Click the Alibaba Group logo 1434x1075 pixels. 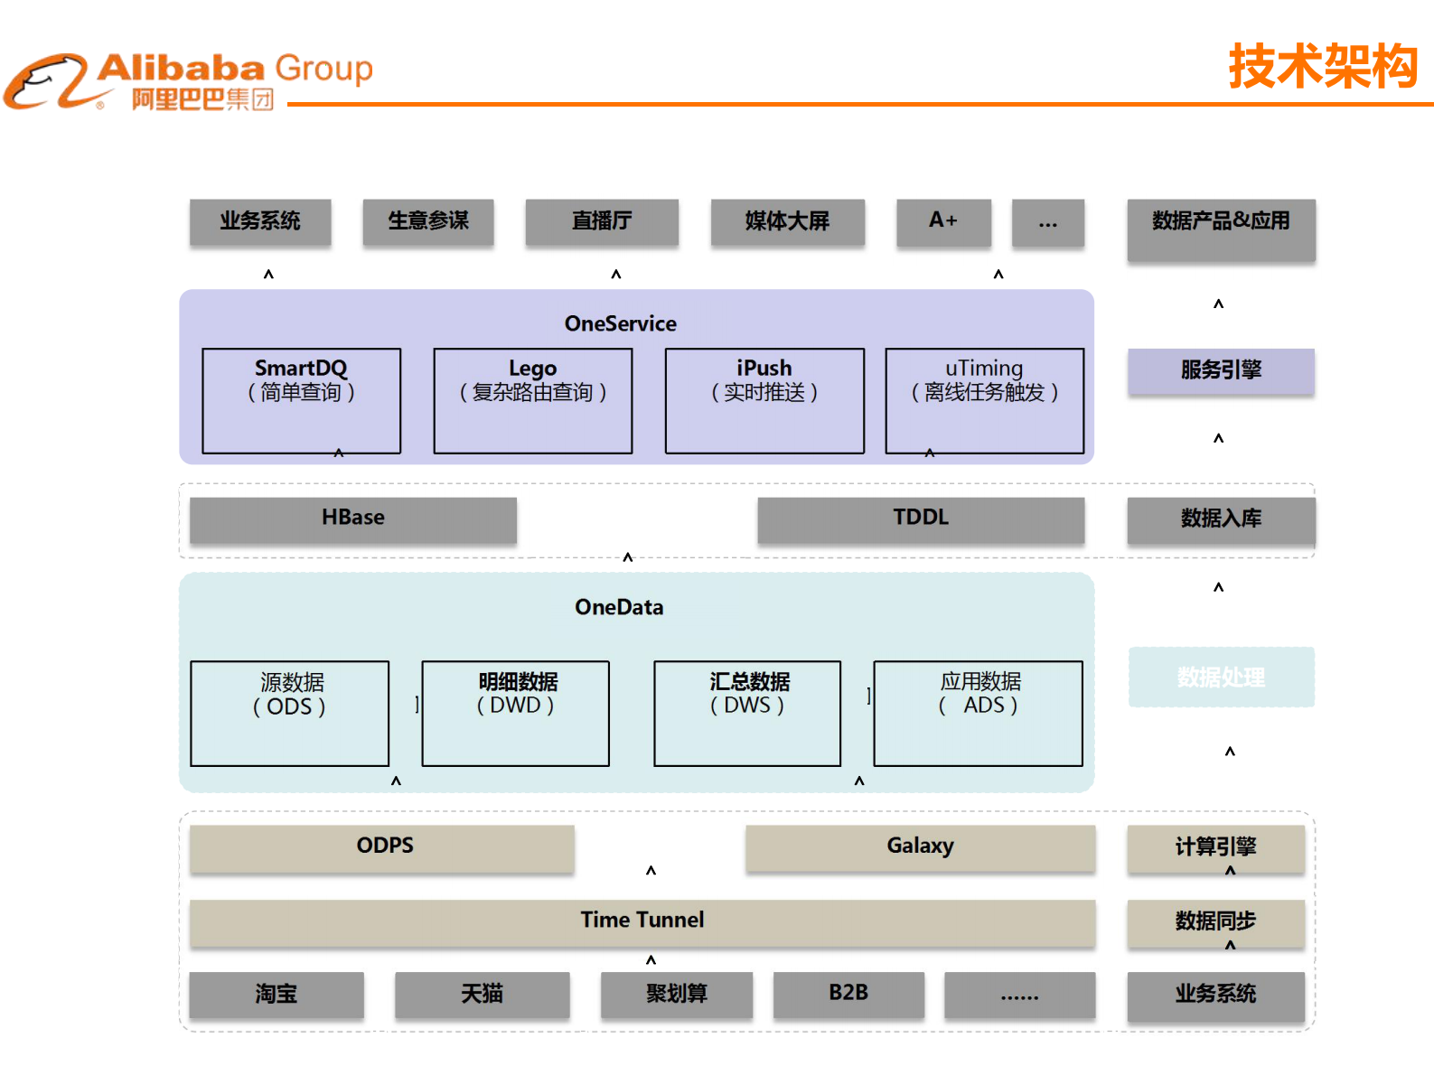point(188,81)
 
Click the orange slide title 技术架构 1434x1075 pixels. point(1323,67)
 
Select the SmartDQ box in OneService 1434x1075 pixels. point(301,400)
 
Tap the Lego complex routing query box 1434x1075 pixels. point(532,400)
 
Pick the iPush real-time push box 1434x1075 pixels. point(764,400)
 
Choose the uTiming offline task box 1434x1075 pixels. point(984,400)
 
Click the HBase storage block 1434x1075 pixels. point(353,519)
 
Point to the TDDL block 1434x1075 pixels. point(921,519)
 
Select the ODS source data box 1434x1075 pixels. point(290,713)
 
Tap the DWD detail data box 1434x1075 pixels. point(516,713)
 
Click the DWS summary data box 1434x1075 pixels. point(747,713)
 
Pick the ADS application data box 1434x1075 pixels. point(979,713)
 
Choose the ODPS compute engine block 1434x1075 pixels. point(382,847)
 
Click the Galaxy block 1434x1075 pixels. point(920,847)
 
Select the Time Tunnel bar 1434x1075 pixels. point(642,921)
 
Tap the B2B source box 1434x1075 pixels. point(848,994)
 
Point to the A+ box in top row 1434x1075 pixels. point(943,221)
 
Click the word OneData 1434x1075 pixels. point(619,607)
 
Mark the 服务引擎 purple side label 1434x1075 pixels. point(1221,370)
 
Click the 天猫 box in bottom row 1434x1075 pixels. point(482,994)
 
